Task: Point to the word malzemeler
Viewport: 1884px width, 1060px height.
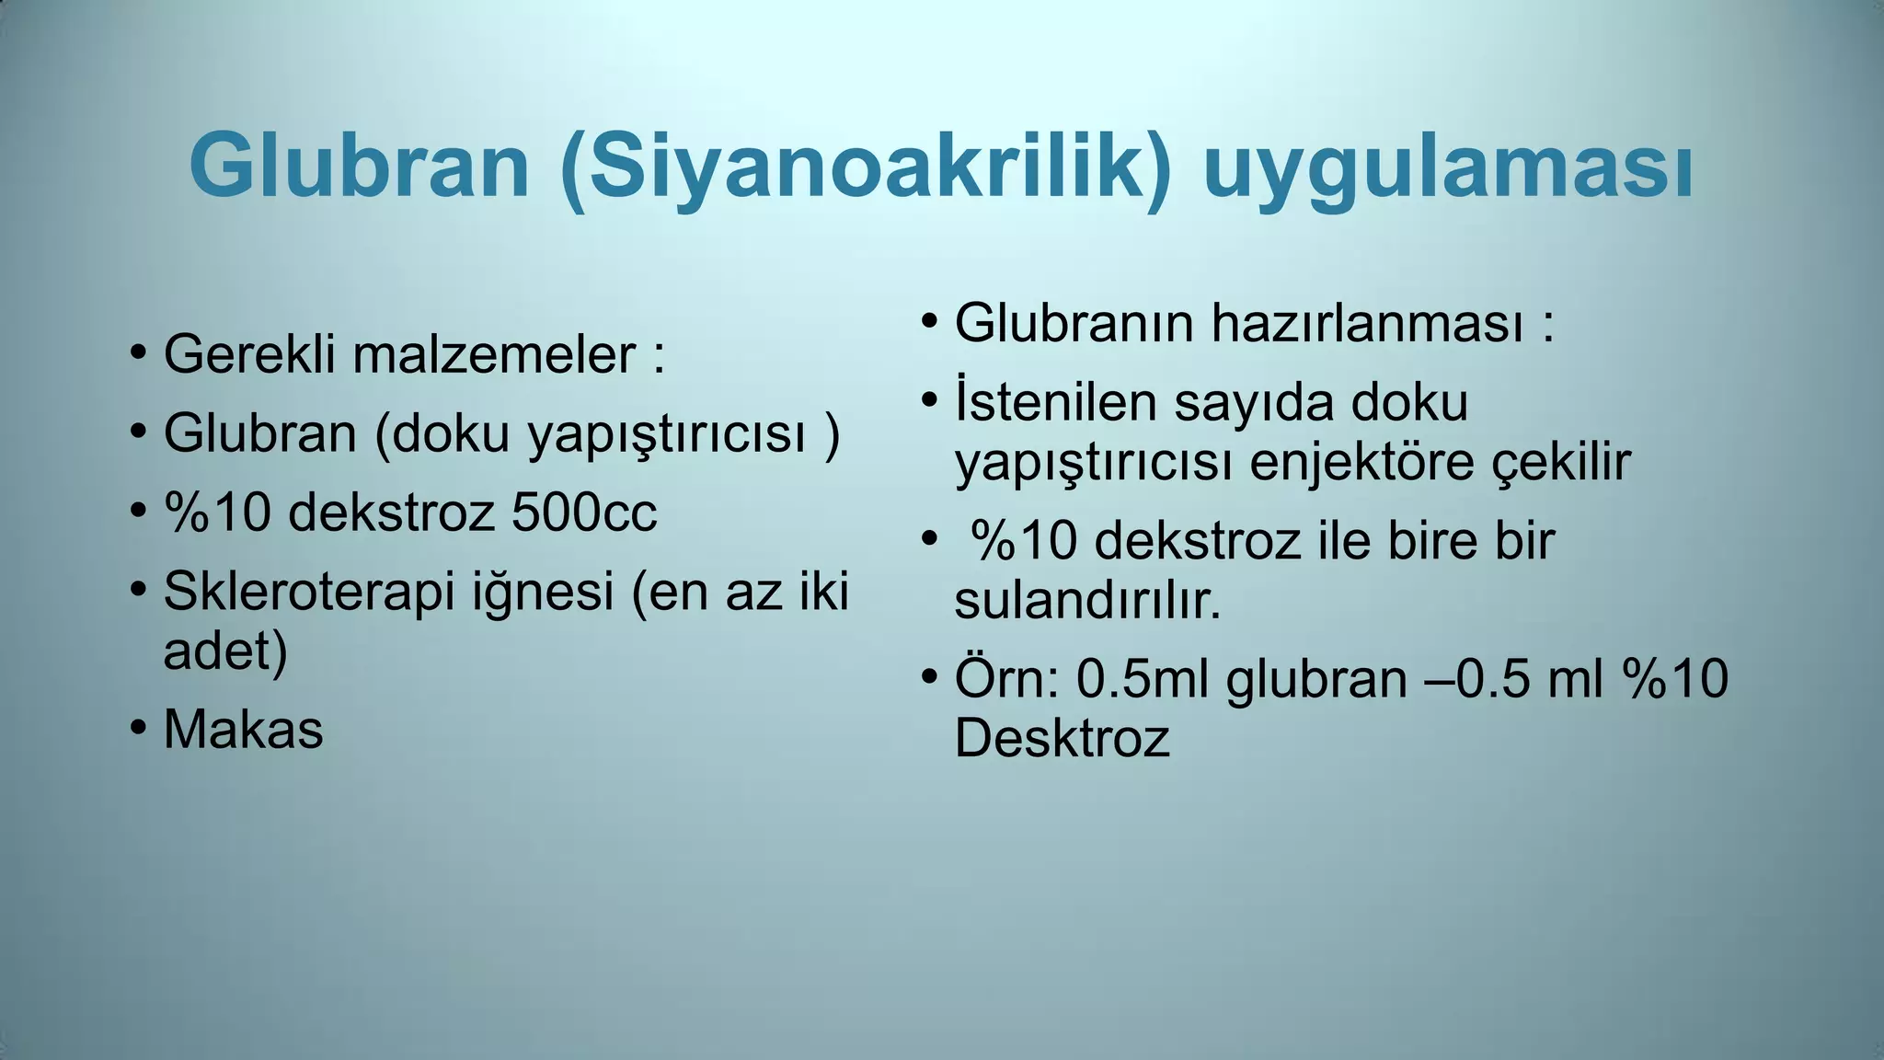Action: [x=494, y=354]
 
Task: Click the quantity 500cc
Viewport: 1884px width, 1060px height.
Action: [x=584, y=512]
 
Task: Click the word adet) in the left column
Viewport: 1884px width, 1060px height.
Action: [x=225, y=651]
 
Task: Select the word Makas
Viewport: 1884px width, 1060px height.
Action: [x=243, y=730]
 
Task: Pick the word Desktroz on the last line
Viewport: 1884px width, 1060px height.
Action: [x=1062, y=738]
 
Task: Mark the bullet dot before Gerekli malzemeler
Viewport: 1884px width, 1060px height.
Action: [x=138, y=352]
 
